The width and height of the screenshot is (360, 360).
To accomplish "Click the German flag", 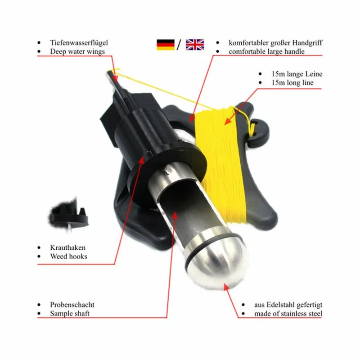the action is pyautogui.click(x=166, y=45).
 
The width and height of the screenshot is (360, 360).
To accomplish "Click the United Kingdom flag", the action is pyautogui.click(x=195, y=45).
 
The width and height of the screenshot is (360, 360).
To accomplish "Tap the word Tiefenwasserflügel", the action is pyautogui.click(x=79, y=43).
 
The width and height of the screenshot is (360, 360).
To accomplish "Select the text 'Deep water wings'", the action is pyautogui.click(x=77, y=51).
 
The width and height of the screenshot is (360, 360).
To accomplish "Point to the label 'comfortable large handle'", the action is pyautogui.click(x=266, y=51).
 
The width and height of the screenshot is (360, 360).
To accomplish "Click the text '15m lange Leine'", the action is pyautogui.click(x=297, y=74).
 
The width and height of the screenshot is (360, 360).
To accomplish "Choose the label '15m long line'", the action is pyautogui.click(x=292, y=82).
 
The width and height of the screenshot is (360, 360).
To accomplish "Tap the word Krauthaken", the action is pyautogui.click(x=68, y=247).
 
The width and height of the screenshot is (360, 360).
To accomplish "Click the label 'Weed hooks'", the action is pyautogui.click(x=69, y=256).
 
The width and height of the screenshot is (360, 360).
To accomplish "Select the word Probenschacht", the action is pyautogui.click(x=72, y=305).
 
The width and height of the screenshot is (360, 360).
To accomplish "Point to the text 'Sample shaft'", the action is pyautogui.click(x=70, y=313).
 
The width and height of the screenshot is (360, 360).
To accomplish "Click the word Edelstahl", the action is pyautogui.click(x=280, y=305).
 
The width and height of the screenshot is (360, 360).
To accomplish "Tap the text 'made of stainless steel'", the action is pyautogui.click(x=288, y=313).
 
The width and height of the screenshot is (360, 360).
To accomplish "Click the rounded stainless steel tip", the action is pyautogui.click(x=217, y=259).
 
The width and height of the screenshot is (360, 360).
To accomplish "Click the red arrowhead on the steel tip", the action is pyautogui.click(x=227, y=287).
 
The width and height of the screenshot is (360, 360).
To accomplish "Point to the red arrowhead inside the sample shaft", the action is pyautogui.click(x=175, y=215).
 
